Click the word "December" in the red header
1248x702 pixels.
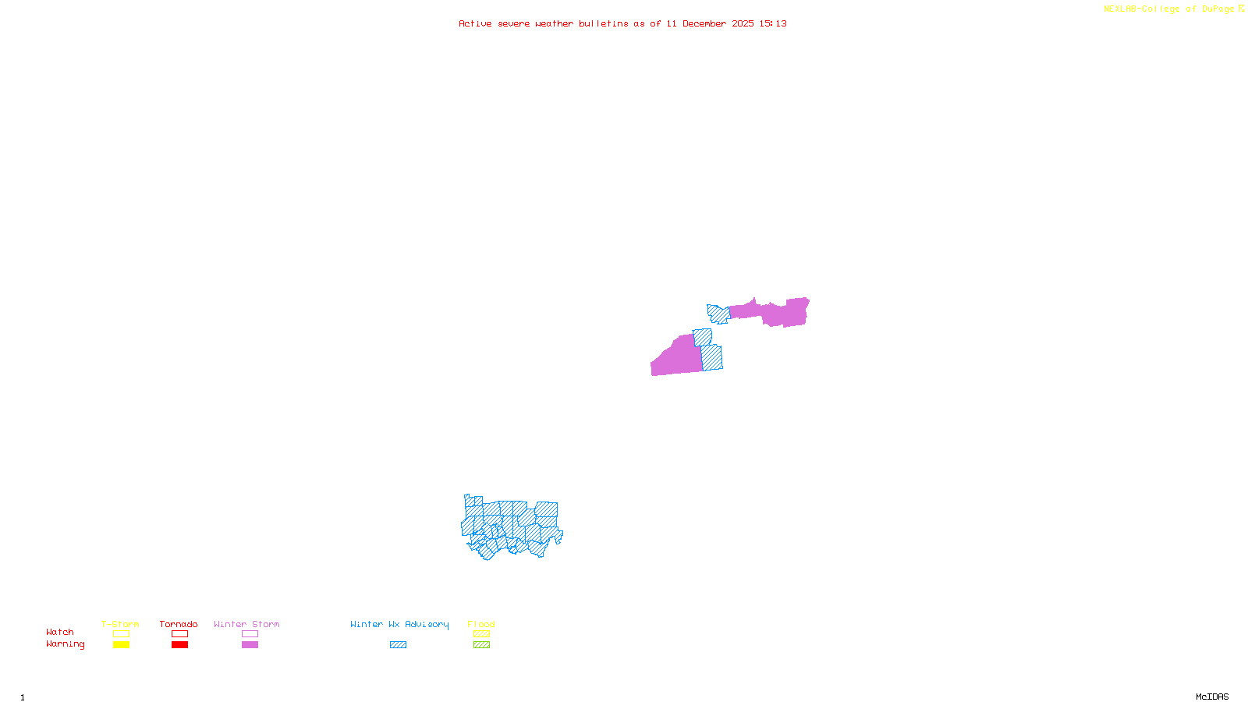[x=704, y=24]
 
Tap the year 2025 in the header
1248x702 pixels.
[x=743, y=24]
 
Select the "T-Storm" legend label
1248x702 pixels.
[x=120, y=624]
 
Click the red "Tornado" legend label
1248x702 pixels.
[x=179, y=624]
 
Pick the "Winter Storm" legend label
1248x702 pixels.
[x=246, y=624]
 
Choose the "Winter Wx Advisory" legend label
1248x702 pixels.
[x=399, y=624]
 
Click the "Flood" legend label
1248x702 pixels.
[x=481, y=624]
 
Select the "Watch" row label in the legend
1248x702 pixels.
[x=60, y=633]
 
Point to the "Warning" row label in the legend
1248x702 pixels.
[x=66, y=644]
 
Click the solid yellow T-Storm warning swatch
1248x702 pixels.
[x=121, y=645]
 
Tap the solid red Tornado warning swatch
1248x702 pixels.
[x=180, y=645]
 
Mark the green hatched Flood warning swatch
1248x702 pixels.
[x=482, y=645]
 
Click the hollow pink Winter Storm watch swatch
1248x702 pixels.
[x=250, y=634]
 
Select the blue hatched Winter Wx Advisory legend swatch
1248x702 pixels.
[x=398, y=645]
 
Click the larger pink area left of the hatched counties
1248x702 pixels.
[x=675, y=359]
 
